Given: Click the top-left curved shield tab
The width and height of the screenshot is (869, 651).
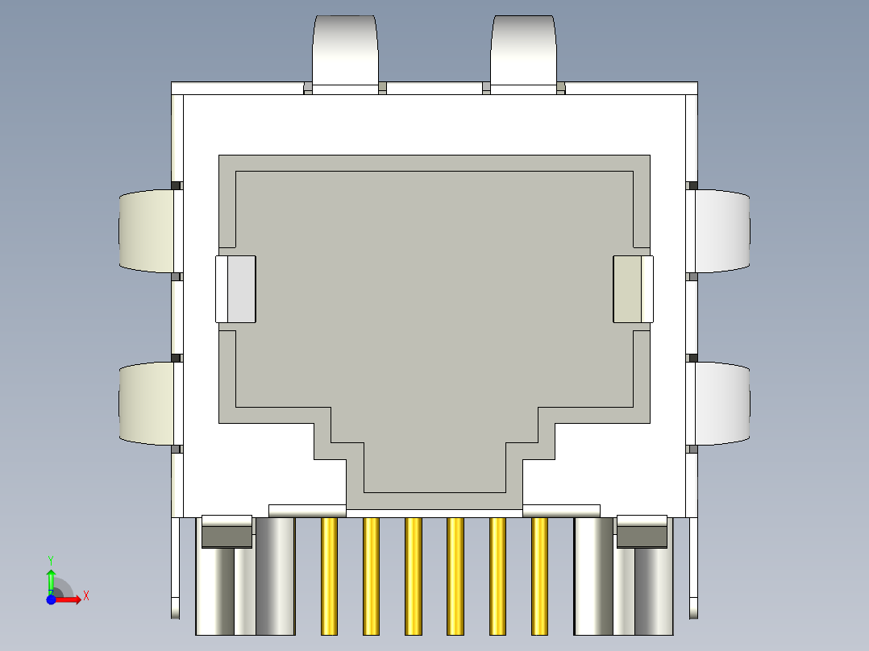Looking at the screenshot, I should coord(345,48).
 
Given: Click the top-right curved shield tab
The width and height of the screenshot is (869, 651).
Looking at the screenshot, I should coord(523,48).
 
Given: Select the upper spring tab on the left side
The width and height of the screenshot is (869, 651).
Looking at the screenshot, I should coord(147,230).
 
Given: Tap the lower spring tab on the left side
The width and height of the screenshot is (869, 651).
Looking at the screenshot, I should coord(147,403).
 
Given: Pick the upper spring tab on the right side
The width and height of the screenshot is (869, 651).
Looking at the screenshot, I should coord(722,230).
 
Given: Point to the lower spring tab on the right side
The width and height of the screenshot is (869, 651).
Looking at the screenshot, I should coord(722,403).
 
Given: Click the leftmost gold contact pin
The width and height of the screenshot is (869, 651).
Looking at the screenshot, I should coord(329,575).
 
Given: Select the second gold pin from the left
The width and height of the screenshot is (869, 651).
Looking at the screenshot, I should coord(371,575).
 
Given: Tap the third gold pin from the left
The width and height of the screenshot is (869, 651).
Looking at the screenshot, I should coord(414,575).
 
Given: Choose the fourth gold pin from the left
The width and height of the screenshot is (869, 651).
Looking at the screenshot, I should coord(455,575).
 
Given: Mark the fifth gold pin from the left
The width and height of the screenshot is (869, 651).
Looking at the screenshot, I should coord(497,575).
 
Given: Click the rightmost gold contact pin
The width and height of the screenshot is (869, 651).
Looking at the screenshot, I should coord(539,575).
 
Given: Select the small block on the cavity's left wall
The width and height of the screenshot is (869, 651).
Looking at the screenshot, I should coord(235,289).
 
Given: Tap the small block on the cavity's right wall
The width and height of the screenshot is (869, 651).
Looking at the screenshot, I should coord(633,289).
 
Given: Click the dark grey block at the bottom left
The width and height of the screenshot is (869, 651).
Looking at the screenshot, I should coord(226,536).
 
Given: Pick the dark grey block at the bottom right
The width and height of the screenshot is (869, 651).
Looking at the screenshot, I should coord(642,536).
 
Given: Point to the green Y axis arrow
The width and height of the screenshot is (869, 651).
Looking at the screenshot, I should coord(51,578).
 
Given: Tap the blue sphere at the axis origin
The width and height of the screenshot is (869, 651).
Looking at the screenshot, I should coord(51,600).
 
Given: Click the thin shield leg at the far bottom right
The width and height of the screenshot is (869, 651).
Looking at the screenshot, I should coord(693,568).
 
